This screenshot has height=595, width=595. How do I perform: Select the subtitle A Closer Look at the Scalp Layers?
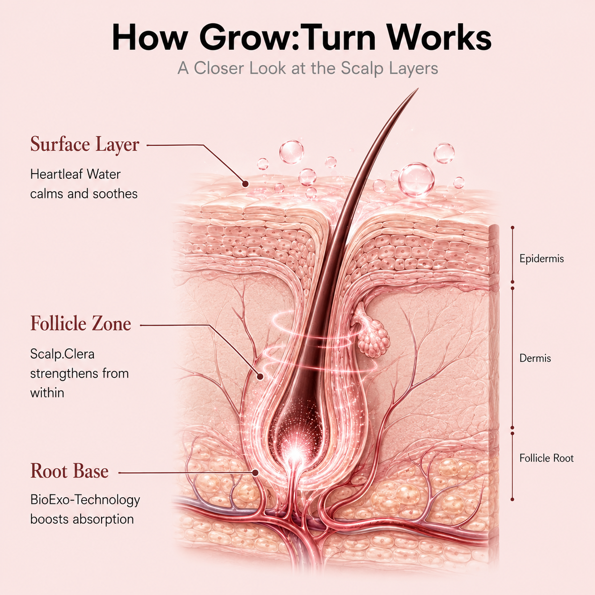tap(307, 68)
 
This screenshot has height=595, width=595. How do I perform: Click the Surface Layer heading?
tap(85, 145)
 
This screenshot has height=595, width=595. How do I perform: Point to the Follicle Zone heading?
tap(81, 324)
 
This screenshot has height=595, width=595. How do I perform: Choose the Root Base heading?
tap(69, 471)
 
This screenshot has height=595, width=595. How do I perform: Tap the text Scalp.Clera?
tap(62, 354)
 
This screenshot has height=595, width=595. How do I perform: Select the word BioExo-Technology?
tap(85, 500)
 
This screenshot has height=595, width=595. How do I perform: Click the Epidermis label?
tap(541, 259)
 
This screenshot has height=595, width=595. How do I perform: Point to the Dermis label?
tap(535, 358)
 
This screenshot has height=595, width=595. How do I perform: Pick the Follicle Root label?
tap(546, 458)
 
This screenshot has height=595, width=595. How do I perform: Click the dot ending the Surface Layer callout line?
tap(245, 184)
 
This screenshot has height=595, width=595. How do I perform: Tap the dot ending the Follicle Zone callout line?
tap(260, 377)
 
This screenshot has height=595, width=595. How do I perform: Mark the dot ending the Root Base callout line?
tap(255, 473)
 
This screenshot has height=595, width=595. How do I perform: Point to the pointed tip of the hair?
tap(418, 89)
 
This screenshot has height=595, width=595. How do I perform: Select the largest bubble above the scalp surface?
tap(416, 180)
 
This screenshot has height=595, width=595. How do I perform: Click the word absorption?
tap(103, 520)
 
